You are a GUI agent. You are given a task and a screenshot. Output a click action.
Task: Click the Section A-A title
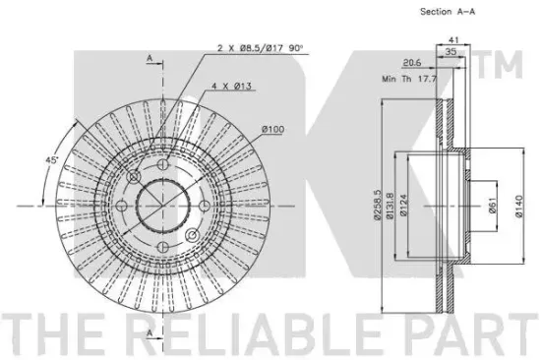click(x=448, y=12)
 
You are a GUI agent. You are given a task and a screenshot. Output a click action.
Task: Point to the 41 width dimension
click(x=453, y=40)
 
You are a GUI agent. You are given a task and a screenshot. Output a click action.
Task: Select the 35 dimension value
click(x=451, y=51)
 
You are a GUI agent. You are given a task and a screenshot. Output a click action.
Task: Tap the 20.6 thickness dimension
click(x=412, y=63)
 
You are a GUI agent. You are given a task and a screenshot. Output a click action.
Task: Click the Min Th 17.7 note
click(x=409, y=79)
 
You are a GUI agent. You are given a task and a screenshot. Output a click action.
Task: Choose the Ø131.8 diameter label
click(x=390, y=206)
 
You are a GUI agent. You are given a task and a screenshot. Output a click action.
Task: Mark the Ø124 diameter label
click(x=403, y=205)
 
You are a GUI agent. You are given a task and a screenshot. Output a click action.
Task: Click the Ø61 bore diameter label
click(x=493, y=206)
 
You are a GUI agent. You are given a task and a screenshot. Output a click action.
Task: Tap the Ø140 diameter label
click(x=519, y=207)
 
